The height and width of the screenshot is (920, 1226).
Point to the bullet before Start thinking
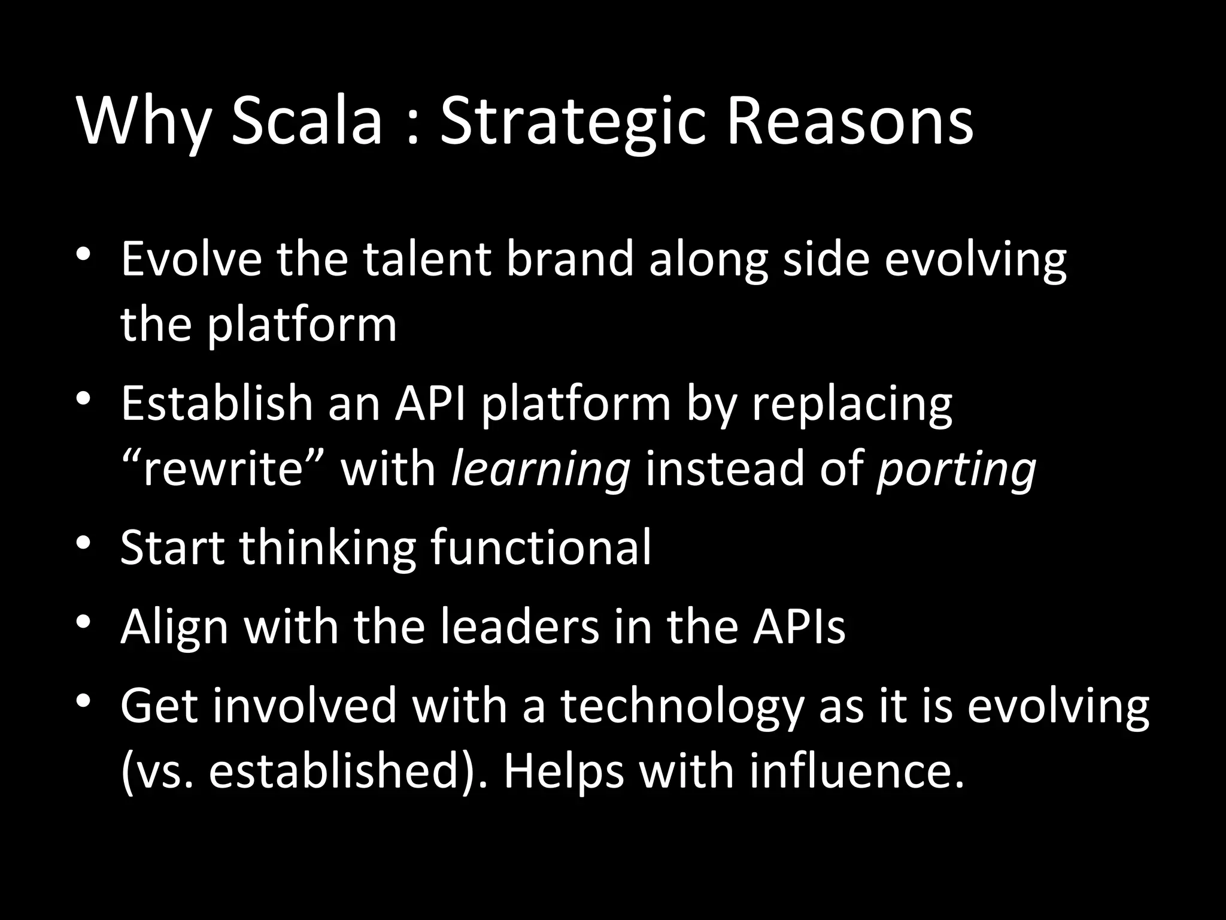pyautogui.click(x=83, y=541)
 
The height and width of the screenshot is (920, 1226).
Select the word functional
pyautogui.click(x=541, y=547)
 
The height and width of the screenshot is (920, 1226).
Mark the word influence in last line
pyautogui.click(x=857, y=771)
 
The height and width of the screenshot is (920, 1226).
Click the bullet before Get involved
pyautogui.click(x=83, y=699)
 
